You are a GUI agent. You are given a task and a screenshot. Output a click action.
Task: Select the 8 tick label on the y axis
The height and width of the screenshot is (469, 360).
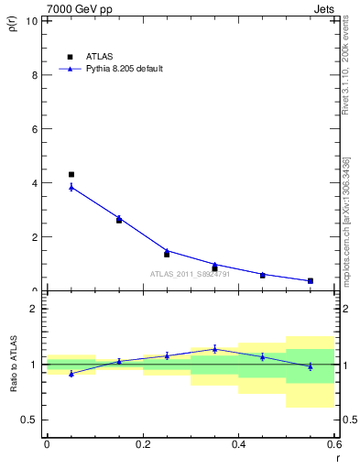[x=35, y=75]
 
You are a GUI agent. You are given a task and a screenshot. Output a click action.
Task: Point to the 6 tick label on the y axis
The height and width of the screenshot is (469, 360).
[x=35, y=129]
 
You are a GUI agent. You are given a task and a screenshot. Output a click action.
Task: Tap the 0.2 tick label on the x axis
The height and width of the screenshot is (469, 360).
[x=142, y=444]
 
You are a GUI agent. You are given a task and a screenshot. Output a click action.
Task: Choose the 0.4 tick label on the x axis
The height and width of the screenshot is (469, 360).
[x=238, y=444]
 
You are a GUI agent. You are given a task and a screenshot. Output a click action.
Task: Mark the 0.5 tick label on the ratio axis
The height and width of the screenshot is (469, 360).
[x=30, y=420]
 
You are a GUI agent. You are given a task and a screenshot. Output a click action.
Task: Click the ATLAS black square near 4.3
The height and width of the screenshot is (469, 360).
[x=71, y=174]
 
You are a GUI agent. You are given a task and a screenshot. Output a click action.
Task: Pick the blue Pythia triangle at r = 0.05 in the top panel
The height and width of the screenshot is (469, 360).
[x=71, y=187]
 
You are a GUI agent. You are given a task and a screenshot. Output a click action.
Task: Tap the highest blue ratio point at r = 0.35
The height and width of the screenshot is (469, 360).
[x=214, y=348]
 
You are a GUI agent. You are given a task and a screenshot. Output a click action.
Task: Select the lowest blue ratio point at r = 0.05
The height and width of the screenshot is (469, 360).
[x=71, y=373]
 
